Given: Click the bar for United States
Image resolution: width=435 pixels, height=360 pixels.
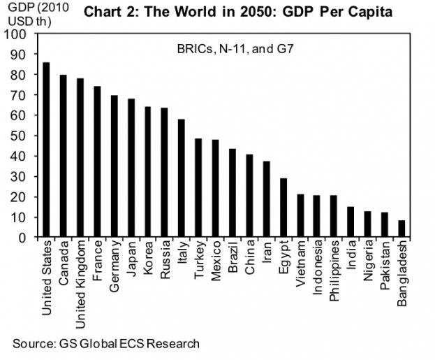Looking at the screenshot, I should point(47,150).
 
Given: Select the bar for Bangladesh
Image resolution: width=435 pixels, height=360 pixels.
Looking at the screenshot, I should point(401,229).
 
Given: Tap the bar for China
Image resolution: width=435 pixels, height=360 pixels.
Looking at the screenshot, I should point(249,196).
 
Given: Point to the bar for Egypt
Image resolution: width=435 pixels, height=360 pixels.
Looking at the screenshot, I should point(283,208).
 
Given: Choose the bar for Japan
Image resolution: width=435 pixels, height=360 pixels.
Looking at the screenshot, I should point(131,168).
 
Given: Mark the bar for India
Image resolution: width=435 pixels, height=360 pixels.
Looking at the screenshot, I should point(350,222).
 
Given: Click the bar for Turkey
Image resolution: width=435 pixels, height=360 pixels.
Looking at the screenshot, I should point(198,188).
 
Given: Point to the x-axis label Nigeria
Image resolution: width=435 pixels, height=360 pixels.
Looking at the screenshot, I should point(367,263).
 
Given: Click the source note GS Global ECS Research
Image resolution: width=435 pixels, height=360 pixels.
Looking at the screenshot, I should point(105,343).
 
